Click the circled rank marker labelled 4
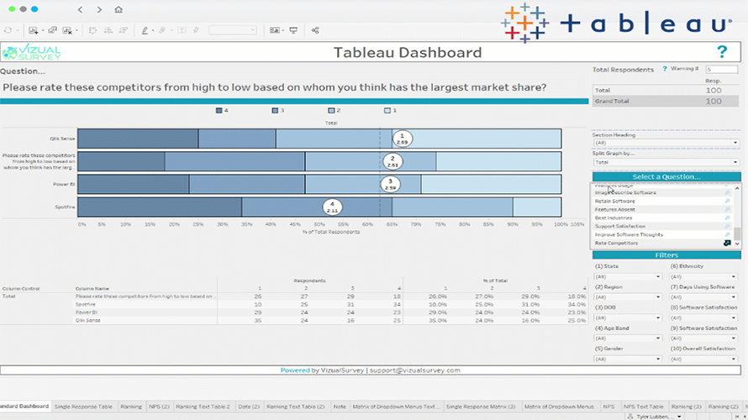[332, 207]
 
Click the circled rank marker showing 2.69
[403, 139]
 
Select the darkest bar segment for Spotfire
[160, 207]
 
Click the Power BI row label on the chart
[64, 184]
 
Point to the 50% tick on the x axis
[319, 224]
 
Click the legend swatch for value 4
[219, 110]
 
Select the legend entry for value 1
[390, 110]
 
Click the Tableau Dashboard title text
[408, 52]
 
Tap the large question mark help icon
[721, 52]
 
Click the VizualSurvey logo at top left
[32, 52]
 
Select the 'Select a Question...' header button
[666, 176]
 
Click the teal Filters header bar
[666, 255]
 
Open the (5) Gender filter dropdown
[627, 359]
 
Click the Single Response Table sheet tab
[83, 407]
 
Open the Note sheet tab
[340, 407]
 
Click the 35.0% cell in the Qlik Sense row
[437, 320]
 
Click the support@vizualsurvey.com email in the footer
[414, 370]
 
